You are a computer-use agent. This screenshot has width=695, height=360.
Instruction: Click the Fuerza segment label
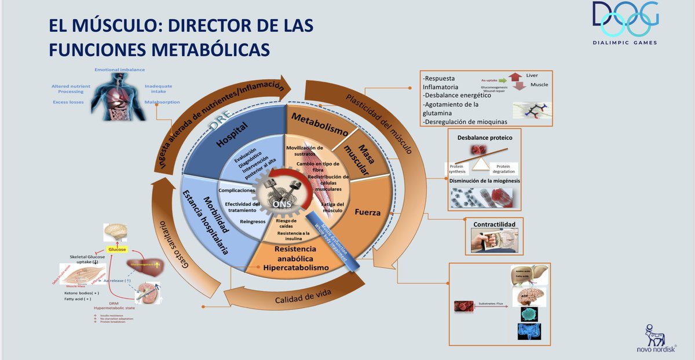click(368, 212)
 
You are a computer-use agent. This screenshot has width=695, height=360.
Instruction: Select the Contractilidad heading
click(495, 224)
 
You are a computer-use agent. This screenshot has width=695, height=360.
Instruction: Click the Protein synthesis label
click(456, 169)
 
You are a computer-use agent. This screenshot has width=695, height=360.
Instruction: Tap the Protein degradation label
click(503, 169)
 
